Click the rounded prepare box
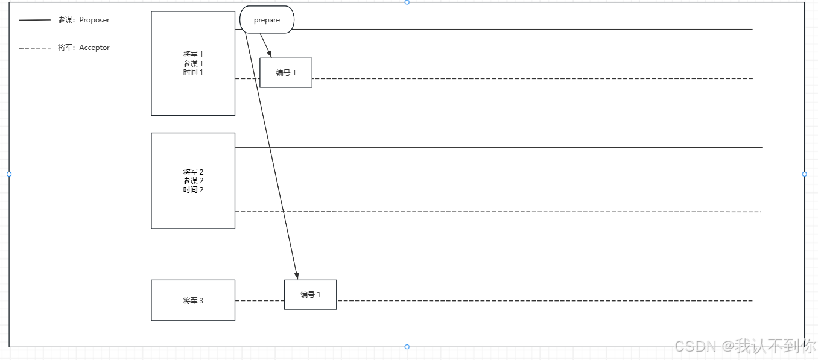click(x=267, y=20)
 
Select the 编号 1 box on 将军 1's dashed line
click(x=285, y=73)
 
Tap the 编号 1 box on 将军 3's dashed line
click(x=310, y=295)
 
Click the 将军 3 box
click(x=193, y=300)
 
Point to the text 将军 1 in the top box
click(x=193, y=54)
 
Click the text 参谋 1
click(x=193, y=63)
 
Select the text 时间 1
click(x=193, y=72)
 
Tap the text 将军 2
click(x=193, y=172)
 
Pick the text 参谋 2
click(x=193, y=181)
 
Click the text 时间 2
click(x=193, y=190)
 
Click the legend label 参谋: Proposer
click(x=84, y=20)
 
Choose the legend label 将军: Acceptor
click(x=84, y=48)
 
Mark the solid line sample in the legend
click(x=35, y=20)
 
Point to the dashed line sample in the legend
click(x=35, y=48)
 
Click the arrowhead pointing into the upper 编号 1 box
click(x=269, y=55)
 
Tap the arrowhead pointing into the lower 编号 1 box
click(x=297, y=276)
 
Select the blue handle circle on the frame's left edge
click(x=9, y=174)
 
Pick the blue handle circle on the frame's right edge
click(x=804, y=174)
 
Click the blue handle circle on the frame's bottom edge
click(x=407, y=347)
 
